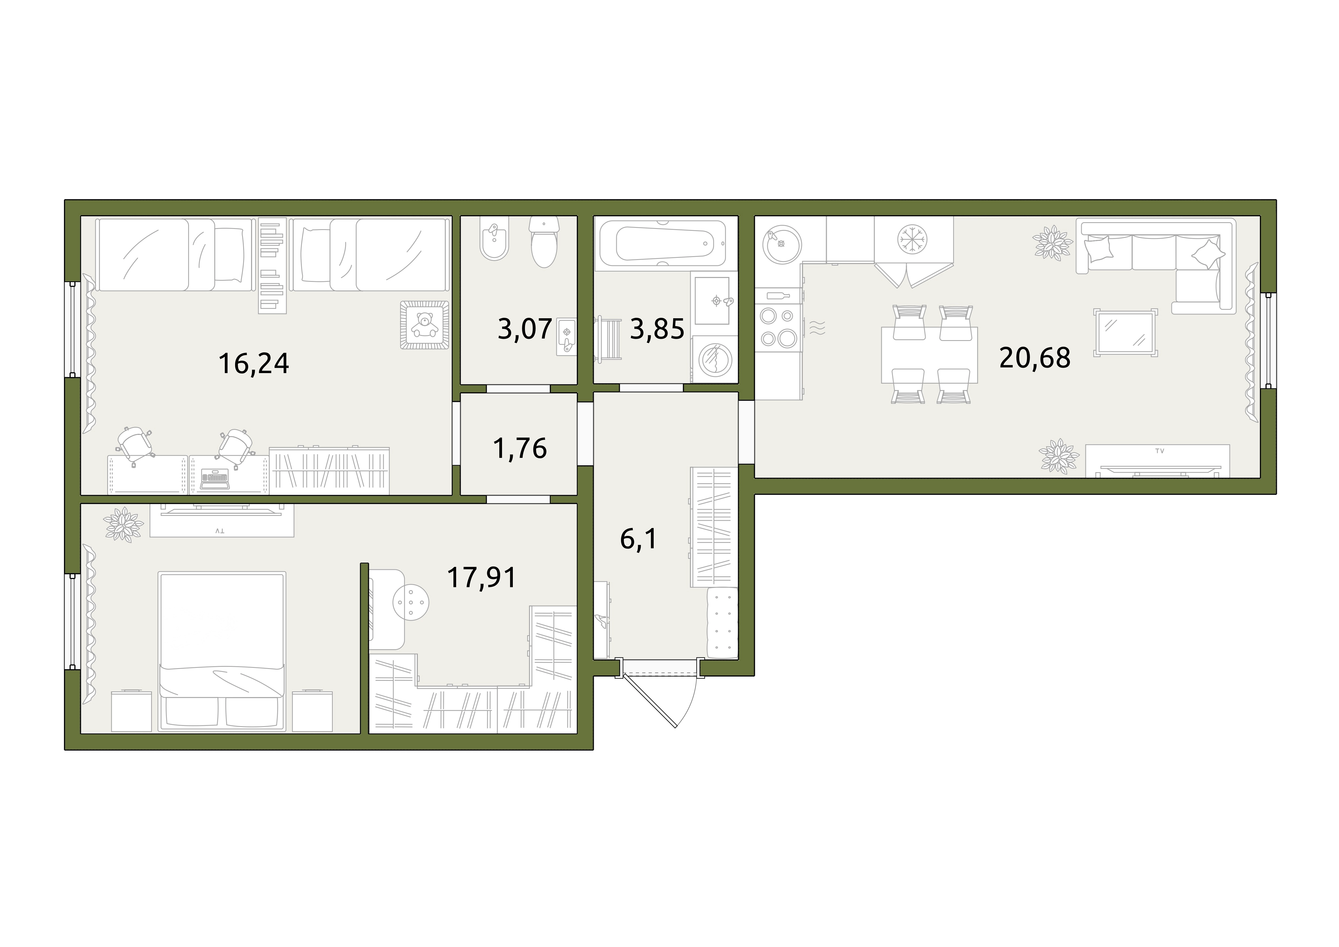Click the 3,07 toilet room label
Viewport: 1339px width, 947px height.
pos(525,329)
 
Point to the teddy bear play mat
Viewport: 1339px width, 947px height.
pos(425,325)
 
